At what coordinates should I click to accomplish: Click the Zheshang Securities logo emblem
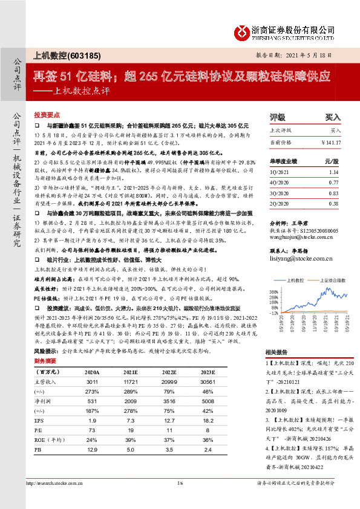click(242, 32)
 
